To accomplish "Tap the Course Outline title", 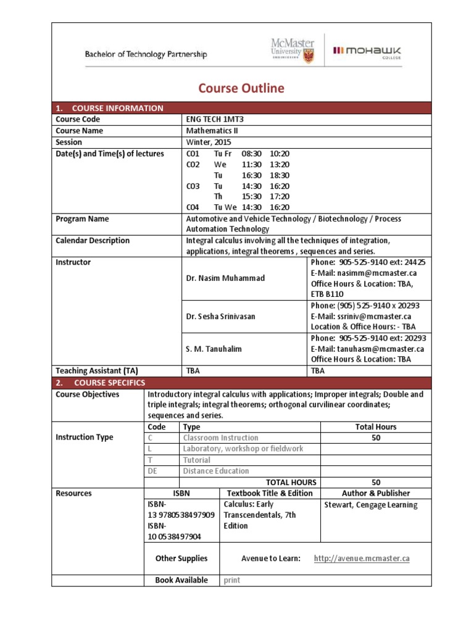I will (241, 88).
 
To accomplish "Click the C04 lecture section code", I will (193, 207).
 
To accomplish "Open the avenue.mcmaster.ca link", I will (362, 559).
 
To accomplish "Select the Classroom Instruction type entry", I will (220, 438).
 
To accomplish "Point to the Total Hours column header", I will (376, 426).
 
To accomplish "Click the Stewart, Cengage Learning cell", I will (370, 505).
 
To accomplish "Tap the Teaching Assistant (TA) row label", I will (96, 371).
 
